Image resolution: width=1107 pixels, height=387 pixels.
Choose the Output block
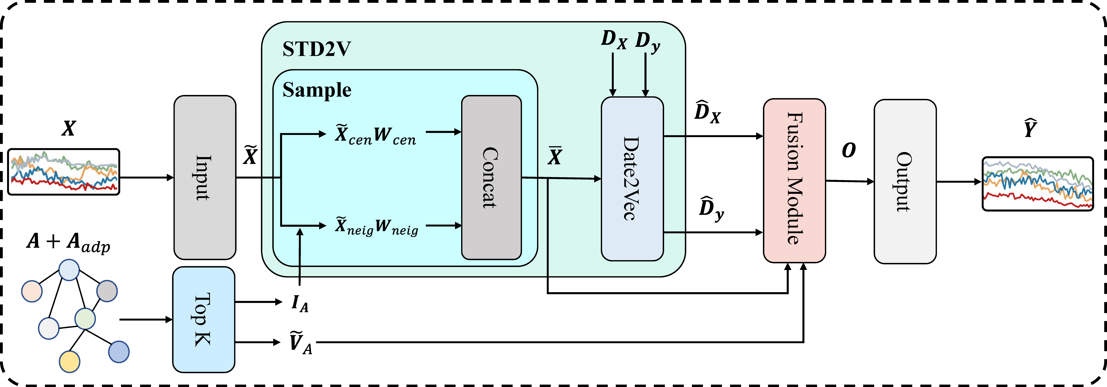(905, 181)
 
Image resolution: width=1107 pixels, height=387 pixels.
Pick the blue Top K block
(204, 320)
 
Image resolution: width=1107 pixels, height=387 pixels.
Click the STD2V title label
(317, 49)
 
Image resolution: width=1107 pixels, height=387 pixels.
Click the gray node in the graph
(107, 291)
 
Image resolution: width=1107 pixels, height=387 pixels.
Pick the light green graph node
(85, 319)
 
